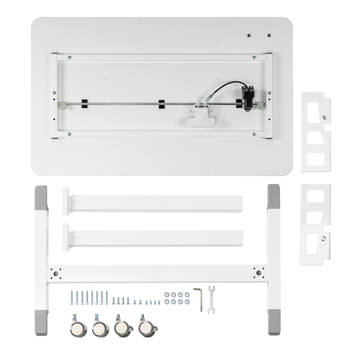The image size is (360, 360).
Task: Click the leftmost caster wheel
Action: tap(77, 326)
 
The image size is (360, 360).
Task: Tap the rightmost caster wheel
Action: tap(146, 326)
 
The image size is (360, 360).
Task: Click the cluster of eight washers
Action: tap(176, 298)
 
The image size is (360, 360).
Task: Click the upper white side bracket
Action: tap(315, 130)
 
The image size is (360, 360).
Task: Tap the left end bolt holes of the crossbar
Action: tap(56, 272)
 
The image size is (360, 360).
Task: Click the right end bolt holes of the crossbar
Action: tap(258, 272)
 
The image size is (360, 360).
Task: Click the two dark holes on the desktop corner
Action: tap(253, 35)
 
